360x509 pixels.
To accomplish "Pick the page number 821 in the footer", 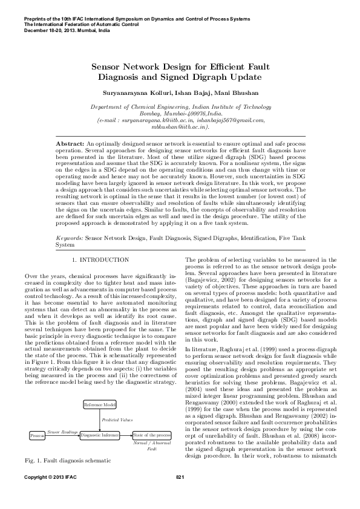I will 180,494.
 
